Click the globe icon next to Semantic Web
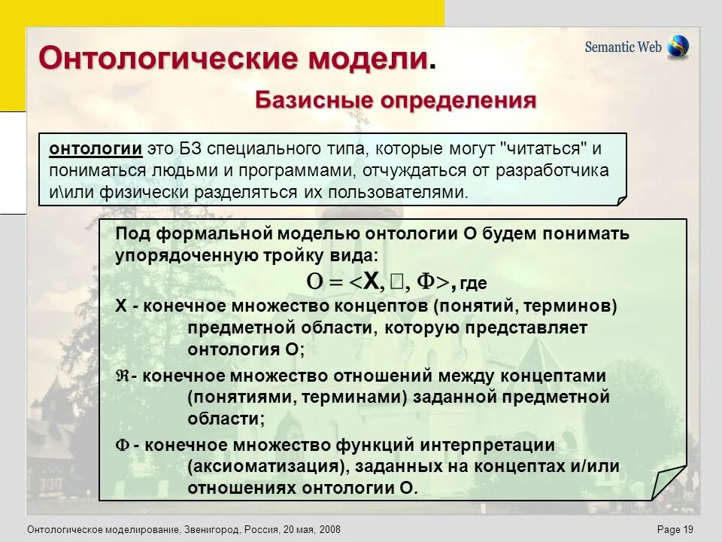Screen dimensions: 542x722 (678, 47)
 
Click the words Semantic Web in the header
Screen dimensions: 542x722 (623, 47)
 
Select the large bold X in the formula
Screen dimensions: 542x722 (372, 282)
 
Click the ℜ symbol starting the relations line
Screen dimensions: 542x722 (122, 376)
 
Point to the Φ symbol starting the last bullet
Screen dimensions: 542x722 (122, 446)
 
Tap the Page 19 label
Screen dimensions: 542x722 (675, 530)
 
